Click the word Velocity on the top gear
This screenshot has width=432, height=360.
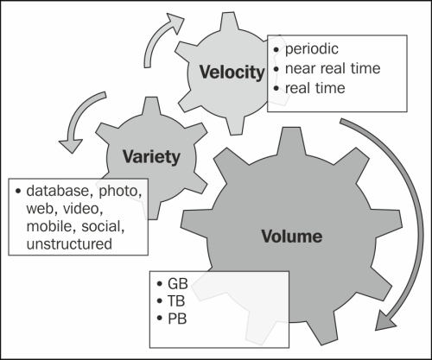232,73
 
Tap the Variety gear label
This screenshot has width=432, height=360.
151,157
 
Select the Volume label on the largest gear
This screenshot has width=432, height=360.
292,237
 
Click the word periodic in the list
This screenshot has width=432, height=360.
312,49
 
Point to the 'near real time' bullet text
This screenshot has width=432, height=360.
333,68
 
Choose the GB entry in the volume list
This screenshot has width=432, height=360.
178,284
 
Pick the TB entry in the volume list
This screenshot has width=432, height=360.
176,301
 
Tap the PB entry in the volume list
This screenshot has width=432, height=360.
177,319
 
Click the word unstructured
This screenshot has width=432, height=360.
69,244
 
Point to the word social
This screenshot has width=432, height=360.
103,226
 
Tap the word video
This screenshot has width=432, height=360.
83,209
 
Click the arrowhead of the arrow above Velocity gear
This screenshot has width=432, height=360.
175,24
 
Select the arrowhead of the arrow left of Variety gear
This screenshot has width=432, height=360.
71,146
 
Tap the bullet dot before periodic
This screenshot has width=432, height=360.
276,50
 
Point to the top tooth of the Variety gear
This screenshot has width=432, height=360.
150,106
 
